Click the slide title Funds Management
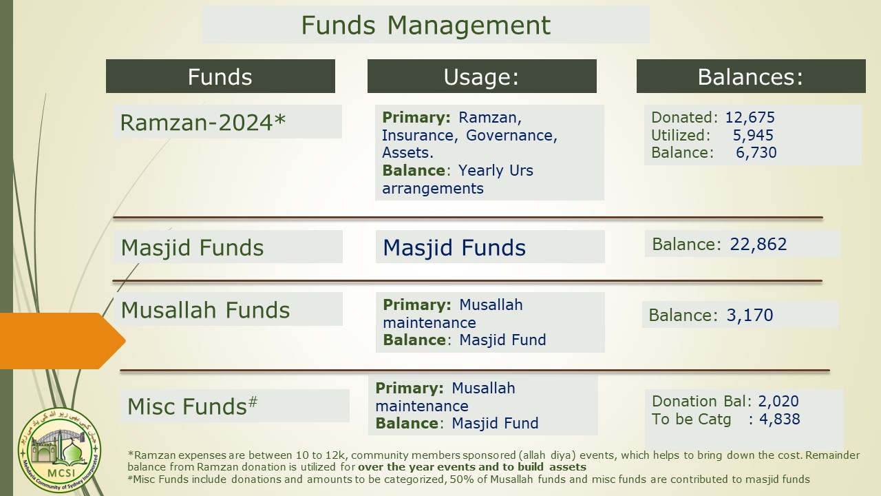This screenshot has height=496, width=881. click(x=425, y=25)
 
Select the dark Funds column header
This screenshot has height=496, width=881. click(x=220, y=76)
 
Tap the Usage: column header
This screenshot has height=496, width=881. click(x=482, y=76)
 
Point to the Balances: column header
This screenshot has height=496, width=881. click(x=751, y=76)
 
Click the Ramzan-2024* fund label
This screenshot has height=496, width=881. click(x=202, y=122)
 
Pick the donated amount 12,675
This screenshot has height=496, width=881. click(x=750, y=117)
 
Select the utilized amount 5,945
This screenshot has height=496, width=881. click(x=753, y=135)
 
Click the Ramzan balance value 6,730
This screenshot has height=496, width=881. click(x=756, y=152)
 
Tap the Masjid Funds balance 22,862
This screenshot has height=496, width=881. click(x=758, y=244)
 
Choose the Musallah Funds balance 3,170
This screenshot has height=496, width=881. click(x=750, y=315)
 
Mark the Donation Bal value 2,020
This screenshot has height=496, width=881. click(x=778, y=401)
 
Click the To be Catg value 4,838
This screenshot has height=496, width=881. click(x=780, y=419)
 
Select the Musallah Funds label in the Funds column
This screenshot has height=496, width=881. click(x=205, y=310)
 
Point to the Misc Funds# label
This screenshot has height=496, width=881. click(x=192, y=406)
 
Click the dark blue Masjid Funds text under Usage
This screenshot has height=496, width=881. click(x=454, y=247)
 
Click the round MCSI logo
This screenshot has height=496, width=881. click(x=59, y=450)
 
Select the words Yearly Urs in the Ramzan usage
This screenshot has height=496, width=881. click(x=496, y=170)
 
